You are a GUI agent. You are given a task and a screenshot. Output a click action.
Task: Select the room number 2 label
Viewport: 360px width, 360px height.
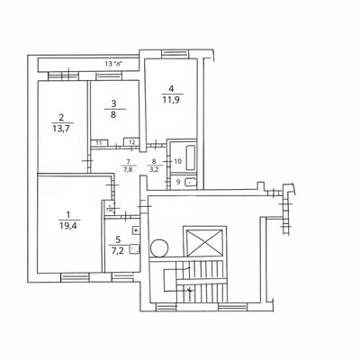pyautogui.click(x=61, y=117)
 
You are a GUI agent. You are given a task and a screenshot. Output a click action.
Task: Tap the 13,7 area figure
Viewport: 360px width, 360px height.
pyautogui.click(x=61, y=130)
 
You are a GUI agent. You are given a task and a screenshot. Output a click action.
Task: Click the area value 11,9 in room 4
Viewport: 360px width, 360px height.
pyautogui.click(x=170, y=101)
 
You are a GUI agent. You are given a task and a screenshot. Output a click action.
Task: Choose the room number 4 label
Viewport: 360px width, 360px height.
pyautogui.click(x=170, y=89)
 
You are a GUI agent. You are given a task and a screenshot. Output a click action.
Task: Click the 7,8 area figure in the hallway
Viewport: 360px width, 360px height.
pyautogui.click(x=127, y=168)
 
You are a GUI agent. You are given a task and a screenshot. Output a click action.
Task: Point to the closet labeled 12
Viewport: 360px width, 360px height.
pyautogui.click(x=131, y=141)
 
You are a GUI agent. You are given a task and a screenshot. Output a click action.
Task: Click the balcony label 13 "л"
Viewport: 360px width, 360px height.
pyautogui.click(x=114, y=64)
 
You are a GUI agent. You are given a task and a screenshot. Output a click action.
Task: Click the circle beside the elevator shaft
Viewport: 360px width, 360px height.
pyautogui.click(x=160, y=246)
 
